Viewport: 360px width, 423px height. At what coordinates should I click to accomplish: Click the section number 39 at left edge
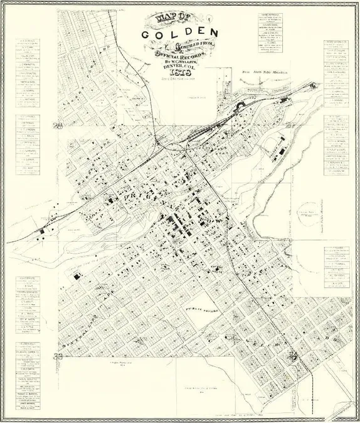[x=58, y=357]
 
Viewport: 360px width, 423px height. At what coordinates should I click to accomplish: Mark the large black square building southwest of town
[x=78, y=275]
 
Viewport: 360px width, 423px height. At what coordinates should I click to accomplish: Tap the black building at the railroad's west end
[x=42, y=231]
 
